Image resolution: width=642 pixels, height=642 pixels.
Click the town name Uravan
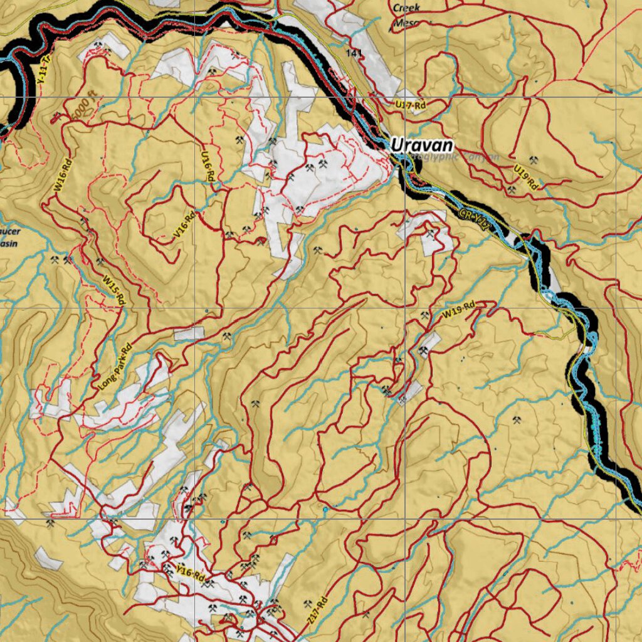[421, 145]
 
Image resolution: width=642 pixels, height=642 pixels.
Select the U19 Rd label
[525, 177]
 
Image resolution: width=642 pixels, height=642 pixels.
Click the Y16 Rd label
[191, 574]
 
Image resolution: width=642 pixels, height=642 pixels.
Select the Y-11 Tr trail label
[42, 72]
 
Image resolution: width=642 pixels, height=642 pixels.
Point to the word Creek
[407, 8]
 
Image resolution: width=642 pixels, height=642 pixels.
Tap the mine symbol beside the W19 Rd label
[426, 315]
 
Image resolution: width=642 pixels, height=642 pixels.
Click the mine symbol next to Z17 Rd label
[307, 604]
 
